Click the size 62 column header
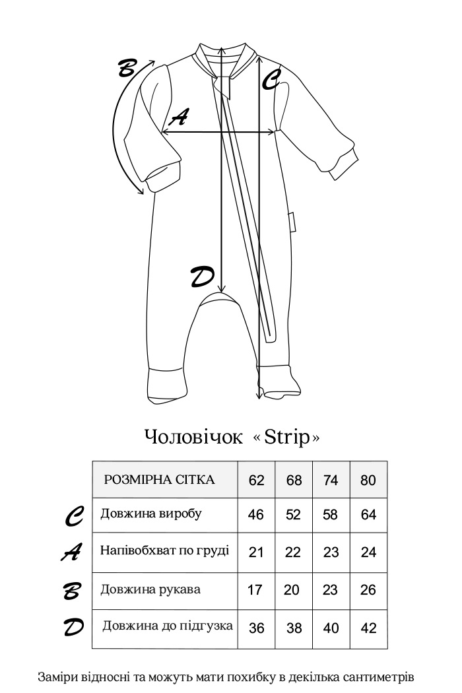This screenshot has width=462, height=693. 257,480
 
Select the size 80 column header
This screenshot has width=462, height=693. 368,480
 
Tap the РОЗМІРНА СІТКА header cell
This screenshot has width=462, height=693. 160,480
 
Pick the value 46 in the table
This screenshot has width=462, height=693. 256,515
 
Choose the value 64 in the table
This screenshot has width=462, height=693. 368,515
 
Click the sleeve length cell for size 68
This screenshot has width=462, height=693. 292,590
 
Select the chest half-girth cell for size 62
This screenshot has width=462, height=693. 256,552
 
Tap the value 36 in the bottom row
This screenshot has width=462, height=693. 256,628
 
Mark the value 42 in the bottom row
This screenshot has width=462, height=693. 369,628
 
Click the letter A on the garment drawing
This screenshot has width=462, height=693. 179,118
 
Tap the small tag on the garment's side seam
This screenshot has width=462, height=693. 291,222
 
